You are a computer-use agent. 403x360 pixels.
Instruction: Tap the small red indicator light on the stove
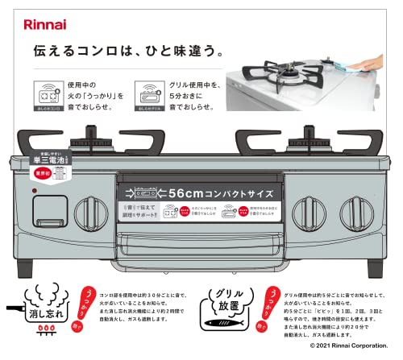(35, 191)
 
